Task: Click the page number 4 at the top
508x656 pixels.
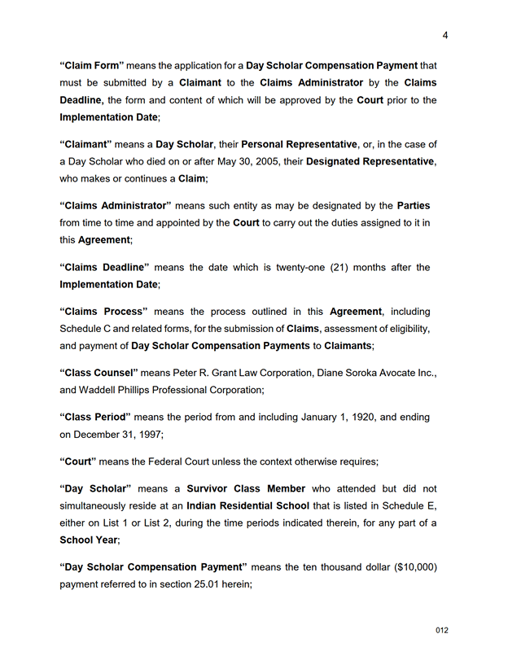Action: tap(445, 34)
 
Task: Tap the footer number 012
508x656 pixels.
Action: tap(442, 630)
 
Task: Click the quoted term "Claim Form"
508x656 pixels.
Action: tap(92, 65)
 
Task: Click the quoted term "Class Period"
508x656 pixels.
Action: tap(95, 417)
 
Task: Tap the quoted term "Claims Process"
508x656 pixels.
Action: tap(103, 311)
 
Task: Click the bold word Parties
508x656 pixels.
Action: tap(414, 205)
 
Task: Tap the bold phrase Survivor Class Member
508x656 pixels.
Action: tap(246, 488)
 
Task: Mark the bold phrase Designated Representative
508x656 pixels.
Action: tap(370, 161)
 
